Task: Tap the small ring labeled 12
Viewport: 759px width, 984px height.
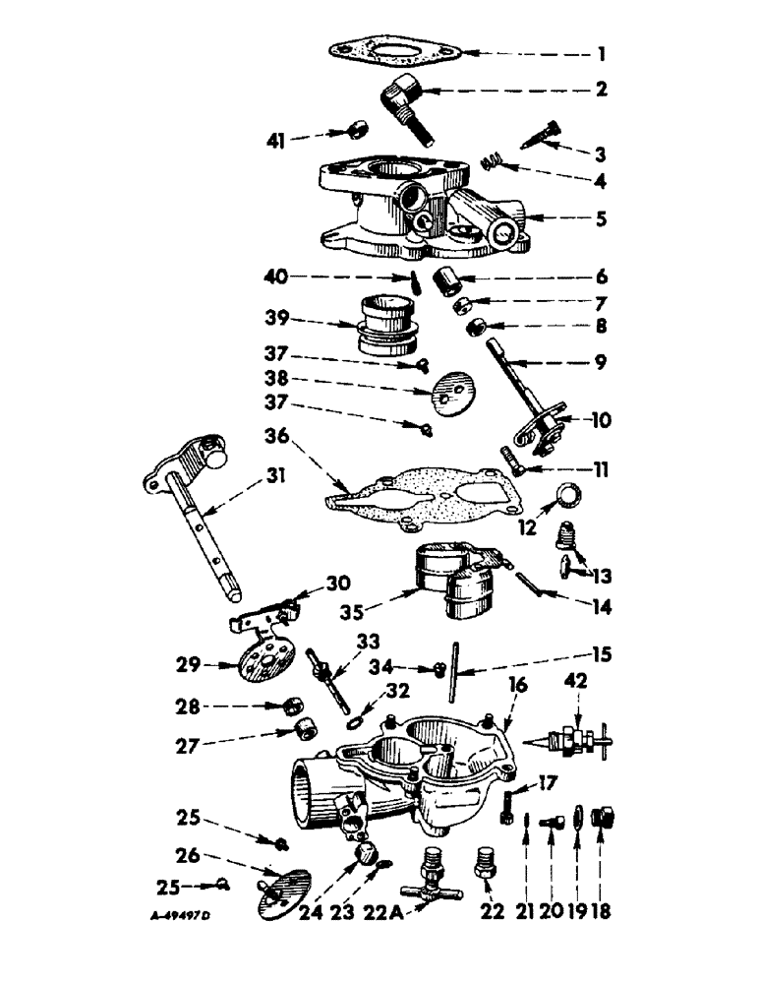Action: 570,494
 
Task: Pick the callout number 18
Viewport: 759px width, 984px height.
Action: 601,910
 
